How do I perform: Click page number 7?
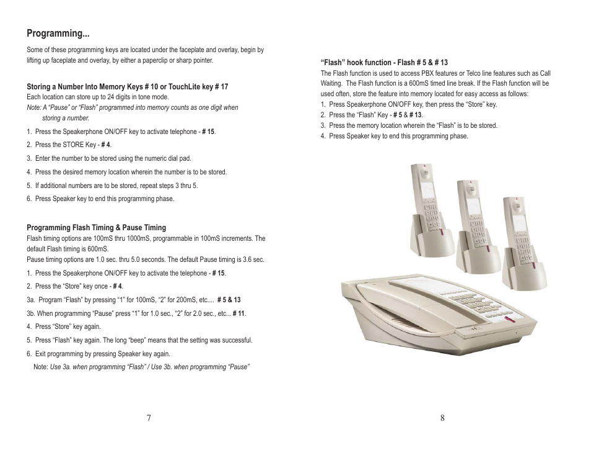(149, 418)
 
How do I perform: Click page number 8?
(442, 418)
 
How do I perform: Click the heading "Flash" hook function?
(384, 63)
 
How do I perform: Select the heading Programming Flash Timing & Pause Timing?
(96, 228)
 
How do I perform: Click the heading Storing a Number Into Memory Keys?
(127, 87)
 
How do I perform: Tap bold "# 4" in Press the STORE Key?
(106, 145)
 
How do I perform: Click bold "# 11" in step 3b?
(239, 313)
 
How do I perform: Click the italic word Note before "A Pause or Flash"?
(33, 107)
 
